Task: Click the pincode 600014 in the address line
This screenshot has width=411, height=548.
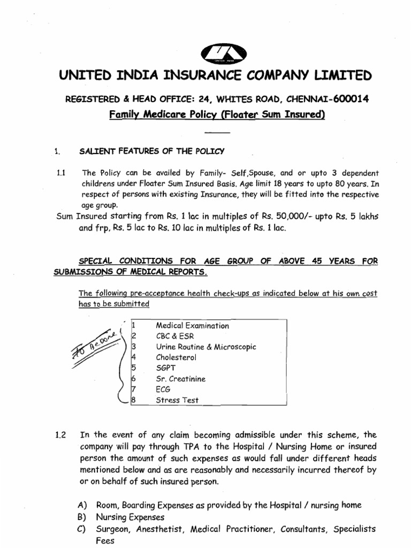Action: point(347,99)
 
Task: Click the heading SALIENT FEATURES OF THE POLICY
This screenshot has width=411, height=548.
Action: point(153,151)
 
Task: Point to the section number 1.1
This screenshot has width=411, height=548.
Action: point(60,173)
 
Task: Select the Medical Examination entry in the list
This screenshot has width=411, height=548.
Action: point(192,325)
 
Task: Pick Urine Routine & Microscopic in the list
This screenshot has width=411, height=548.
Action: point(205,347)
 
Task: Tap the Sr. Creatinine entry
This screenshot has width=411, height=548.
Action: point(180,379)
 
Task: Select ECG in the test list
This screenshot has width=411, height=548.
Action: point(163,390)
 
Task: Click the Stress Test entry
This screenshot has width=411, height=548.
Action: point(177,400)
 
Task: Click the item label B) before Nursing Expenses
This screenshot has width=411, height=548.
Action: point(82,517)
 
